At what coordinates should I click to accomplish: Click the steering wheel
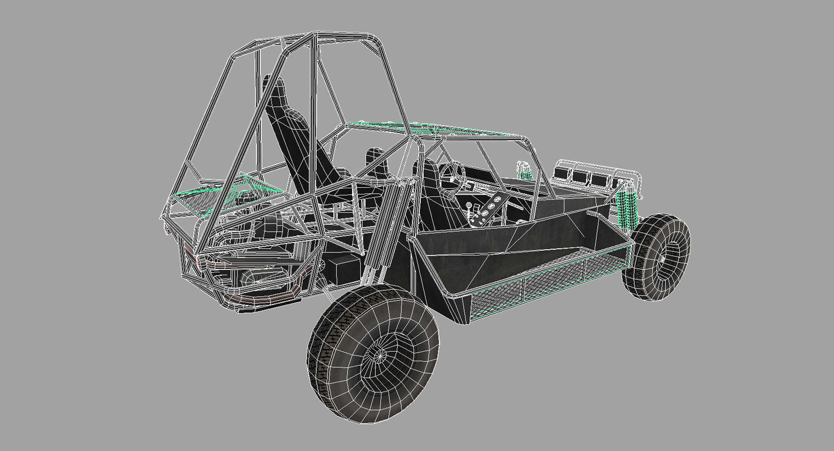[x=451, y=171]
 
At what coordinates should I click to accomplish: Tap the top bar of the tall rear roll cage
[x=304, y=41]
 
